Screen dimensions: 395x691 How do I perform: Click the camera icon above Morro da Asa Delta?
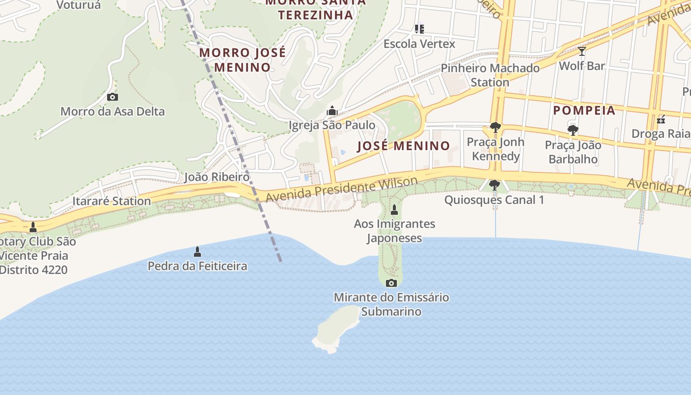pos(113,97)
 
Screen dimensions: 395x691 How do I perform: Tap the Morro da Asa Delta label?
pos(113,112)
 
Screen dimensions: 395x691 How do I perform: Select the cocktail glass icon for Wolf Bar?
pos(582,51)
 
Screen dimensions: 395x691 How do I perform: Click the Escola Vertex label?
pos(420,44)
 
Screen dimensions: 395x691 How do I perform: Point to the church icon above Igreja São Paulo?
pos(332,111)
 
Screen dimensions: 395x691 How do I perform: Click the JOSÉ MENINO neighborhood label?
pos(403,146)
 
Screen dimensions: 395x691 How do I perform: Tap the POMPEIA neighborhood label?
pos(584,111)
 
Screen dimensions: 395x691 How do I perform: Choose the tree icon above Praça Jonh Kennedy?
pos(495,128)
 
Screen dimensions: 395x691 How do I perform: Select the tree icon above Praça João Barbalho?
pos(573,130)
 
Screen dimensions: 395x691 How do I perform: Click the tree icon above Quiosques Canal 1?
pos(494,185)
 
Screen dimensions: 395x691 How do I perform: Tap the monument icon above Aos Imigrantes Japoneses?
pos(394,210)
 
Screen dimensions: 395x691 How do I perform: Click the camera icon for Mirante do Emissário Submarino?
pos(391,283)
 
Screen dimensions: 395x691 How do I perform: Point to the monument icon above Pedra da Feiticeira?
pos(197,252)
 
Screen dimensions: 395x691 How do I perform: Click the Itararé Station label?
pos(112,201)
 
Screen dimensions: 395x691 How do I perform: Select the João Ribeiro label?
pos(217,177)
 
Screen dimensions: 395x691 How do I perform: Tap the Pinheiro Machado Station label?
pos(490,75)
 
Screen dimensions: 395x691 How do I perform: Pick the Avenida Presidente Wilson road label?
pos(342,190)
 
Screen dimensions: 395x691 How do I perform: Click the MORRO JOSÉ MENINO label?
pos(242,60)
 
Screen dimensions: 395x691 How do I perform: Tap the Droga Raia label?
pos(660,134)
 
